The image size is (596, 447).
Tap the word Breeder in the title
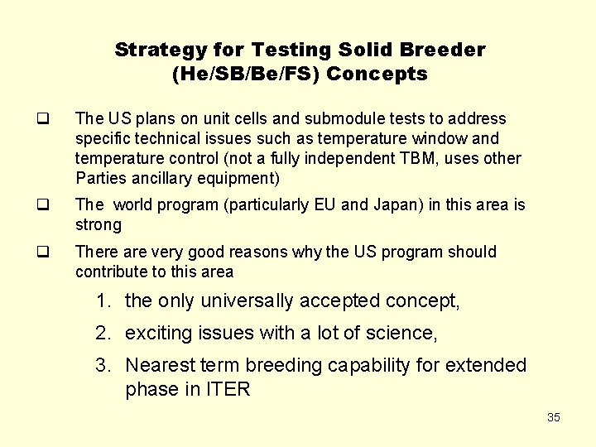(x=447, y=50)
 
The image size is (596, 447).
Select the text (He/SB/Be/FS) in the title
(x=247, y=74)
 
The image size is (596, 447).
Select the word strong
(x=99, y=224)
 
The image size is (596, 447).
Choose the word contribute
(x=109, y=272)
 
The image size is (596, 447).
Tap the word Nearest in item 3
(x=159, y=365)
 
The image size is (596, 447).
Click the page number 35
(x=554, y=417)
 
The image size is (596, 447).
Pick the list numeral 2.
(x=102, y=334)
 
